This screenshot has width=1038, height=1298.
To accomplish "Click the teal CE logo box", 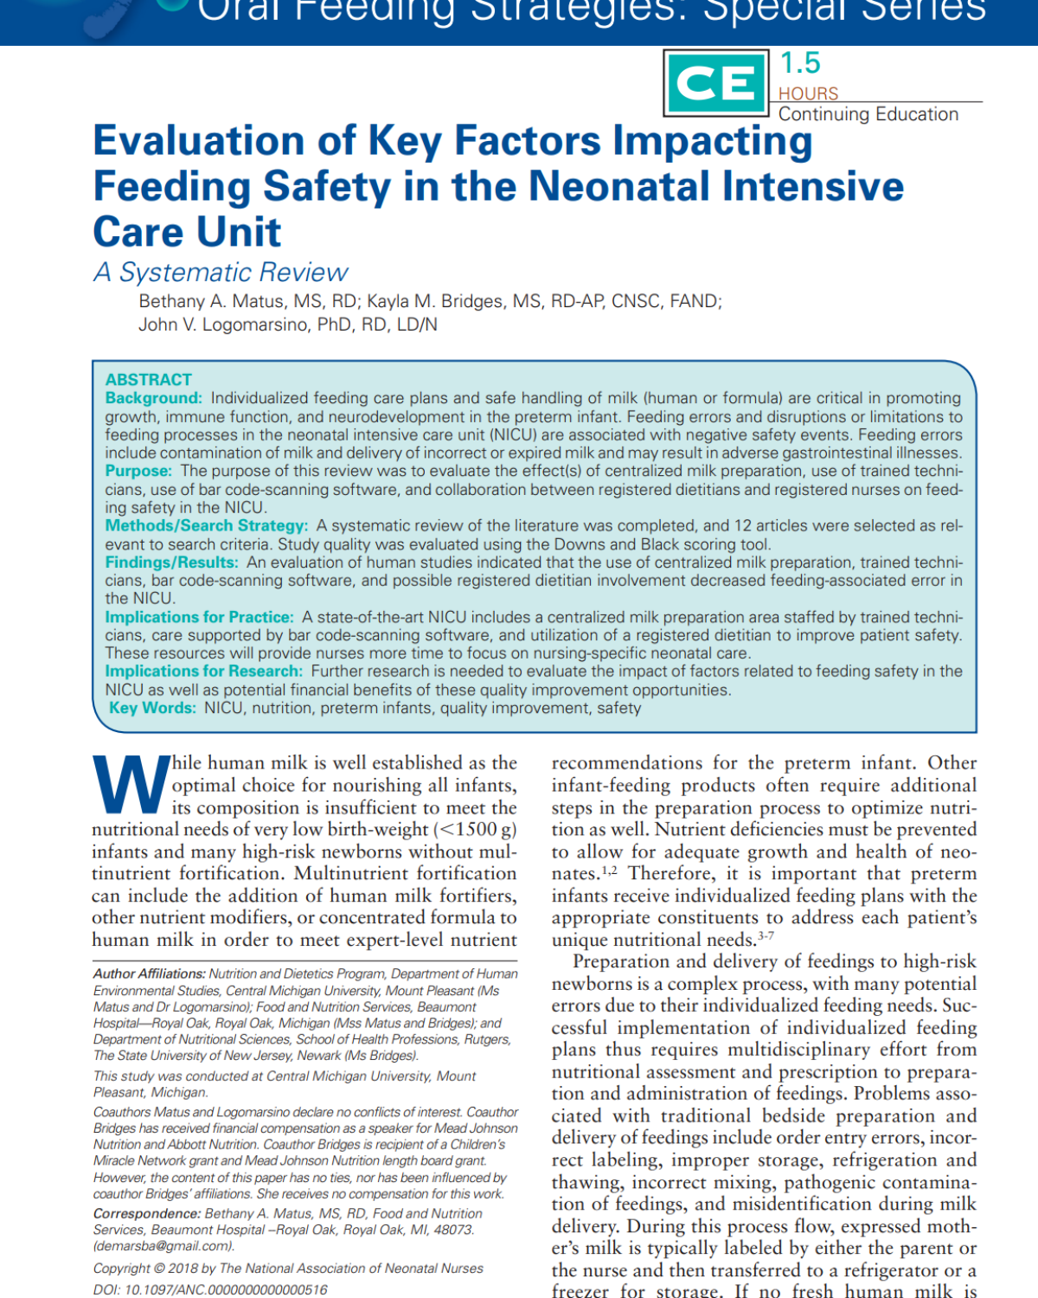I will (715, 83).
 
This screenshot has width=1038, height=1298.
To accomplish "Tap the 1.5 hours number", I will (800, 63).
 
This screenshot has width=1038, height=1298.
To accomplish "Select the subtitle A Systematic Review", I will (221, 273).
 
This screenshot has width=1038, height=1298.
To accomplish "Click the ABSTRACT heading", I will (148, 379).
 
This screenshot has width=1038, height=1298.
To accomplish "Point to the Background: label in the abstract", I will (153, 398).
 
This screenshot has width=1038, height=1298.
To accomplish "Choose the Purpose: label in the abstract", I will (138, 471).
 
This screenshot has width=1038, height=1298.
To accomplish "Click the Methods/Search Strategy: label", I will (206, 525).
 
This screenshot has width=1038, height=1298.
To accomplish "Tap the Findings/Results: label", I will (171, 562).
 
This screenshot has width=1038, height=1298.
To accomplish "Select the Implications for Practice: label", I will (199, 617).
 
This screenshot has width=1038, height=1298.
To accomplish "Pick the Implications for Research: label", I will (203, 671).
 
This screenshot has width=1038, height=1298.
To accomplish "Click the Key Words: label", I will (152, 708).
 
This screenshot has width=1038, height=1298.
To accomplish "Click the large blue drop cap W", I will (131, 785).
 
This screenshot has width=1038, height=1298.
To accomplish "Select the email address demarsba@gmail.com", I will (163, 1246).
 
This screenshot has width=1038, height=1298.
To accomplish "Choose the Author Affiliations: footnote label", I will (149, 974).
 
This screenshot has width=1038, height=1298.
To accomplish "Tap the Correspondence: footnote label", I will (146, 1214).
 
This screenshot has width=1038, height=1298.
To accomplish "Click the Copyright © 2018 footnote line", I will (288, 1269).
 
